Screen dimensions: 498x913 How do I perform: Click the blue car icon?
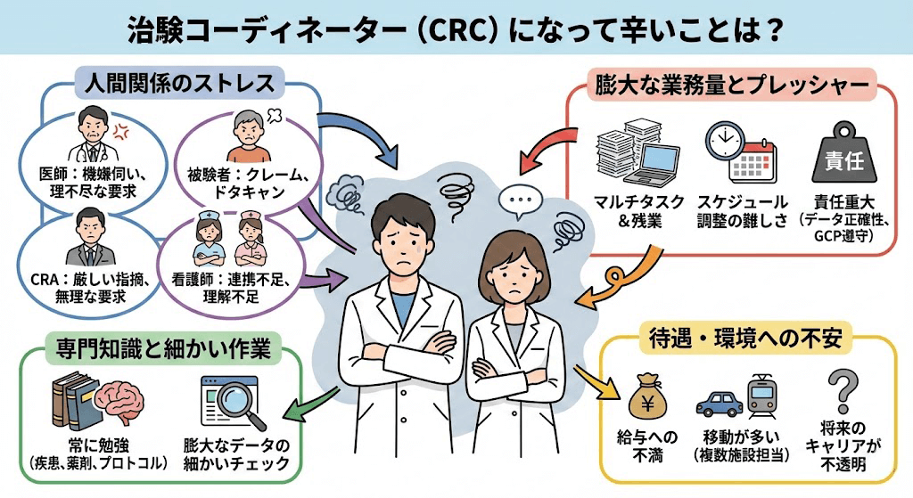pos(719,402)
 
